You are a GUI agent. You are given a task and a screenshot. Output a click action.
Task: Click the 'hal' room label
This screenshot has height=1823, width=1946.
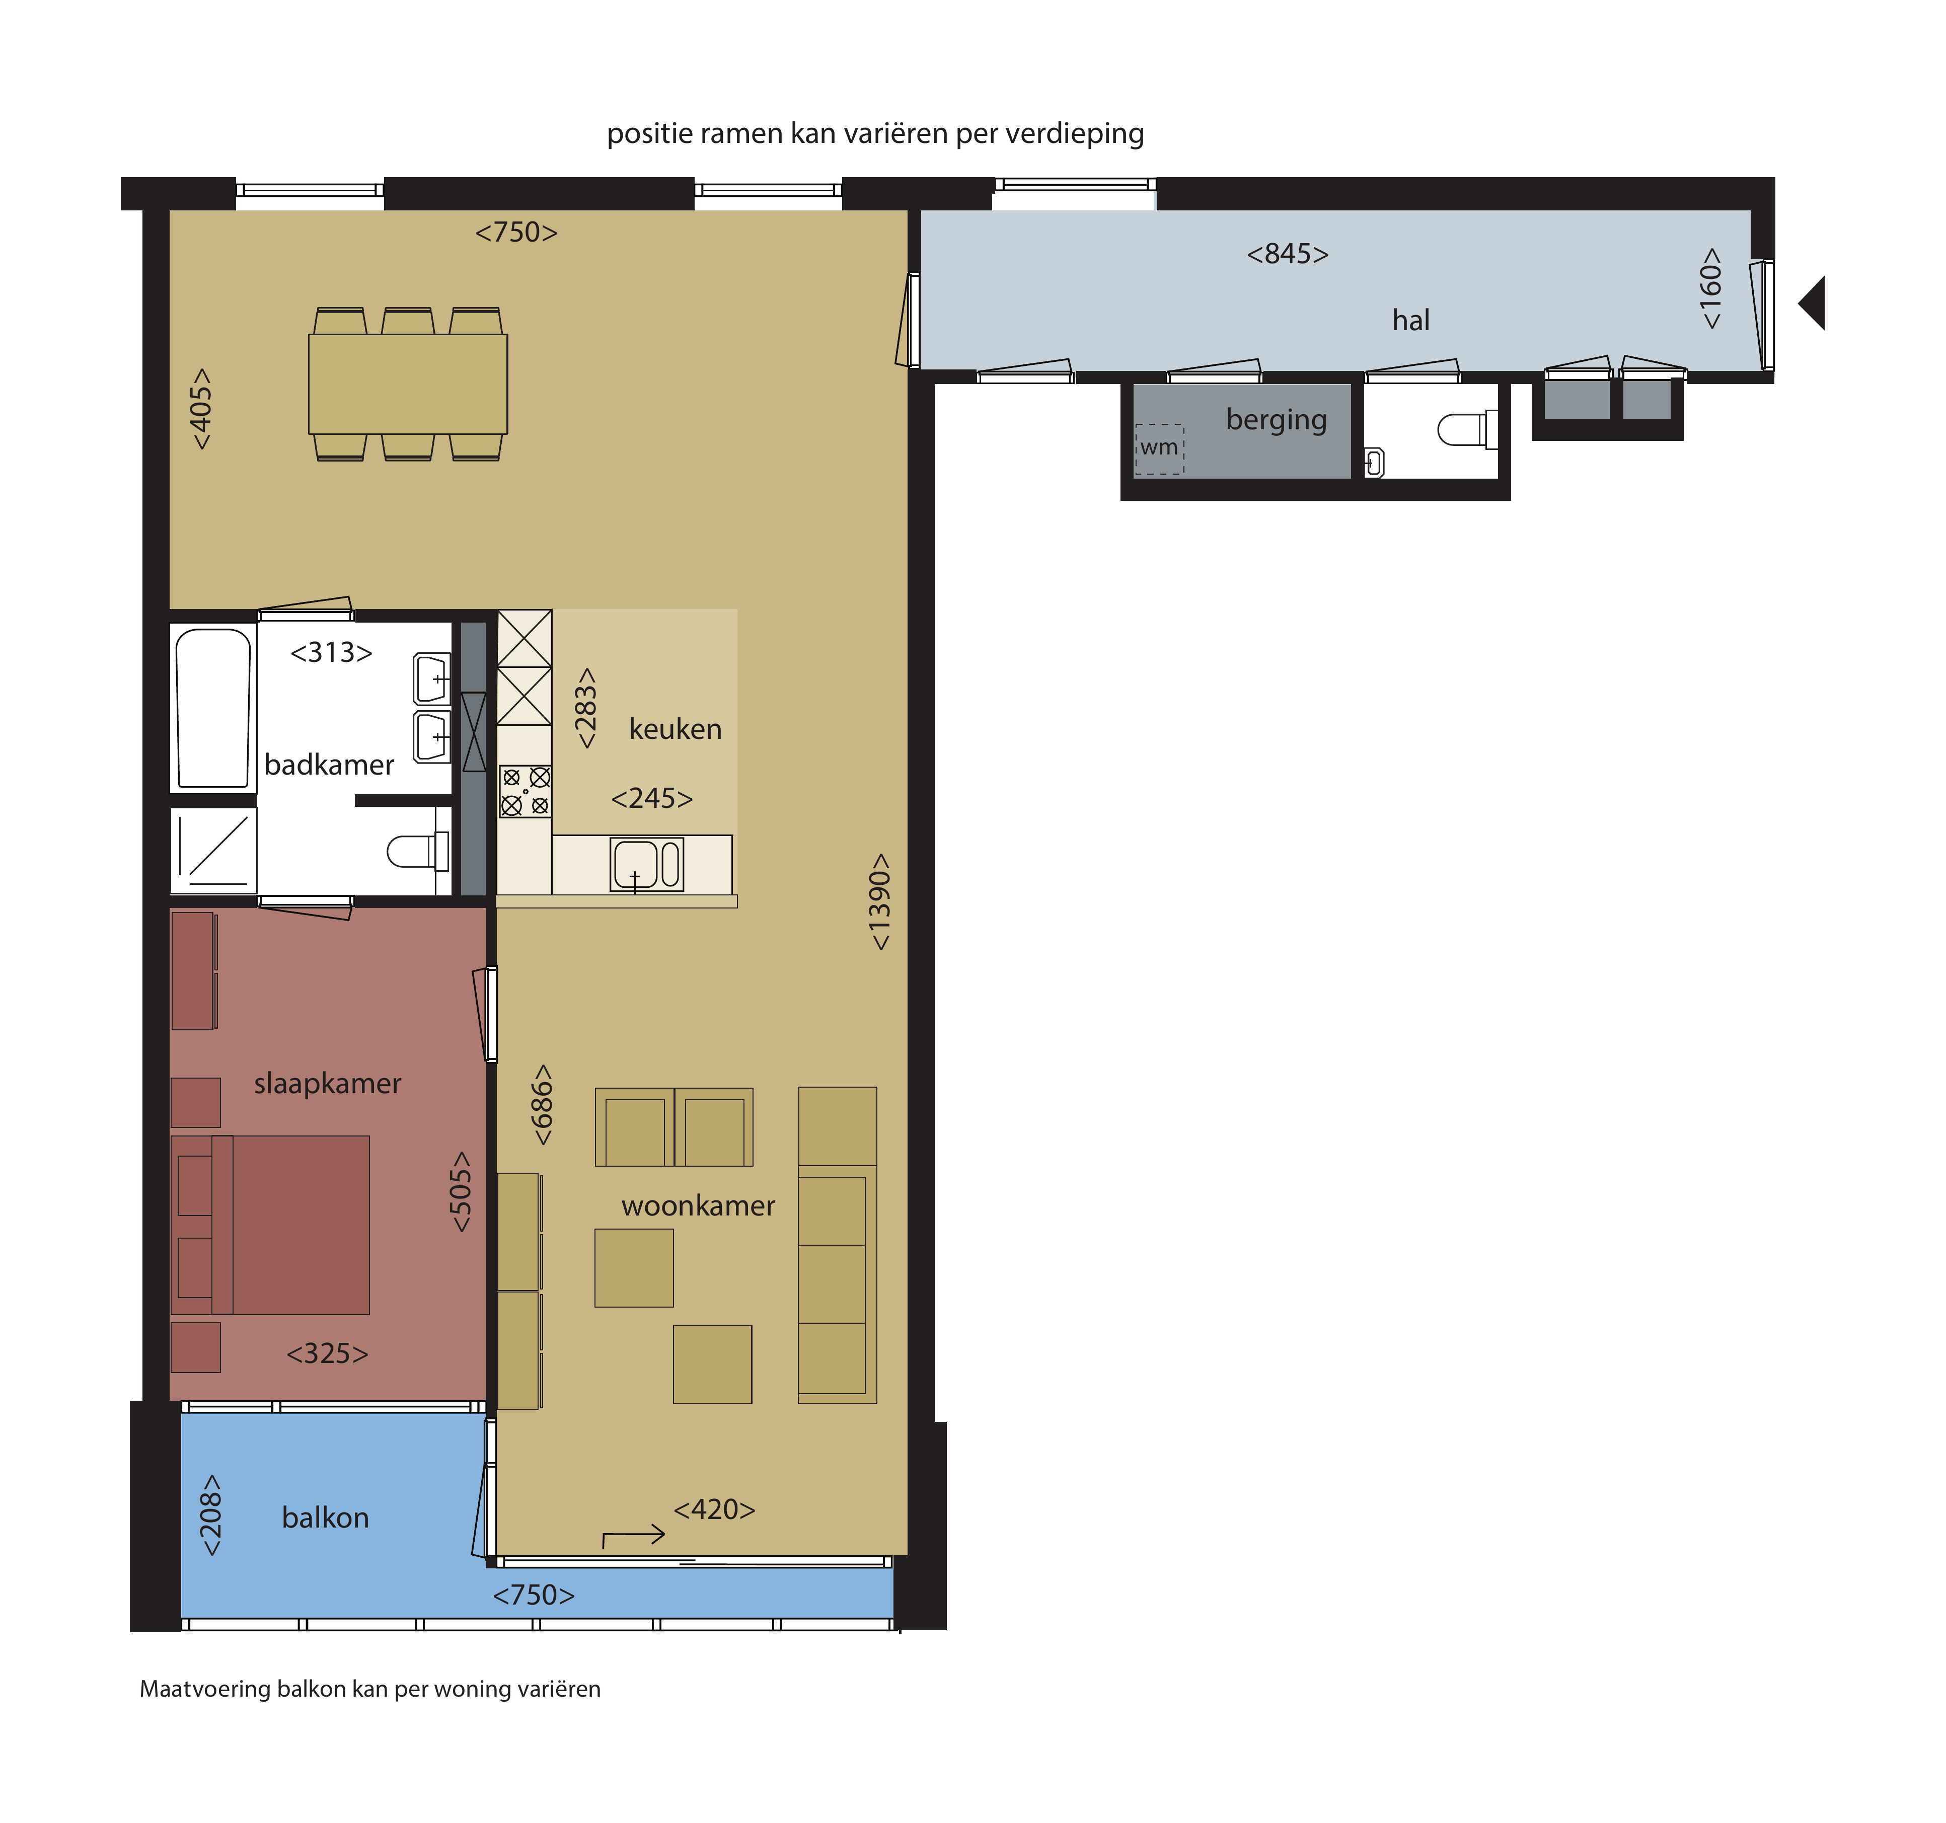1410,320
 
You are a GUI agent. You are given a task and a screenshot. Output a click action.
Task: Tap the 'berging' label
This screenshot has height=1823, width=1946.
1277,420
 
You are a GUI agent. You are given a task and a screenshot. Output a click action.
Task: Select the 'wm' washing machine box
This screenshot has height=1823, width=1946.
1159,449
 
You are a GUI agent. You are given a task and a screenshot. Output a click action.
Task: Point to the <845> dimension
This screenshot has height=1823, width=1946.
1287,254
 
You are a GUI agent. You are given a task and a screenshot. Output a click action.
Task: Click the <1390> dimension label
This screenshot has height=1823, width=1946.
880,901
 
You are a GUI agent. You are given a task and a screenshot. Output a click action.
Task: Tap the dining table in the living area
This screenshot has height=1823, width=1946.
408,384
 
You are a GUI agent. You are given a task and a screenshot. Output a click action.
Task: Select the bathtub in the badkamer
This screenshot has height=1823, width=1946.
212,708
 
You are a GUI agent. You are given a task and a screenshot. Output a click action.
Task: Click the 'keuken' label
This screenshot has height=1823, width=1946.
676,729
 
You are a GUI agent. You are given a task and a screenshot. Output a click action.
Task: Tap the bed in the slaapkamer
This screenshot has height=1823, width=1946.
270,1224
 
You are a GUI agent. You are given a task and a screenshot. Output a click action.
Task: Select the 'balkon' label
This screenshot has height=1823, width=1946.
325,1517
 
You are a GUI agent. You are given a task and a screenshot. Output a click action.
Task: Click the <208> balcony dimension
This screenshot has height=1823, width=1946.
210,1516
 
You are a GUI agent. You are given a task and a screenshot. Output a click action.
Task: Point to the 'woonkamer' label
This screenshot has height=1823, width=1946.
698,1205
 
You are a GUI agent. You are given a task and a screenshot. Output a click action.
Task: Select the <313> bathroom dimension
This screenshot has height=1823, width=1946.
331,653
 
